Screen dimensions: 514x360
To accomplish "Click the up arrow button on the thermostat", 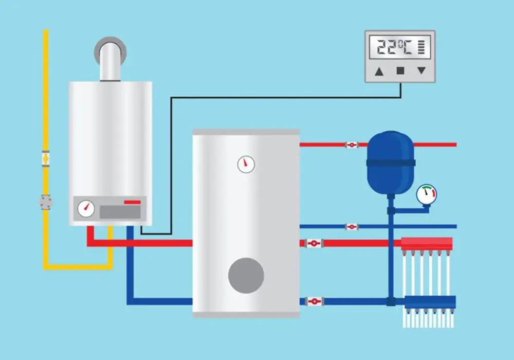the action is (379, 71).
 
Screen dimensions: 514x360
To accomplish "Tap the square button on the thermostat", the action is (400, 70).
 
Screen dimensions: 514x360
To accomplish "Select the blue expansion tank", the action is (391, 163).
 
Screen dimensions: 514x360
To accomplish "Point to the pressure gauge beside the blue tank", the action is (427, 194).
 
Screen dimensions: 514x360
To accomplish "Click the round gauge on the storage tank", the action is (246, 164).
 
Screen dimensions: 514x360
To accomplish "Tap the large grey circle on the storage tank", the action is (246, 276).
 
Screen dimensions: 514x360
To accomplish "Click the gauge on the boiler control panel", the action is (86, 208).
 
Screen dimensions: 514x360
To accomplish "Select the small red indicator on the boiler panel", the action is (133, 202).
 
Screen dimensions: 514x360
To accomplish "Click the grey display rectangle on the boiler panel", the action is (120, 212).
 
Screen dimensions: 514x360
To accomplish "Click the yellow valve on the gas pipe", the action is (46, 159).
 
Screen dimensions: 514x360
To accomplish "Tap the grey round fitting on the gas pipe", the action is (46, 202).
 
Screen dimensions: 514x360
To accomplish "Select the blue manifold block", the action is (430, 302).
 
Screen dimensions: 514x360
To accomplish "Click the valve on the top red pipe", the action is (352, 145).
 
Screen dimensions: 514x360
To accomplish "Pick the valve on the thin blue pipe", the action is (352, 227).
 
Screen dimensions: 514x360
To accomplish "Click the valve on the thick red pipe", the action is (314, 243).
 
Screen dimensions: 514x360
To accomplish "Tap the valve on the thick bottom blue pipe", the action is (314, 301).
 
